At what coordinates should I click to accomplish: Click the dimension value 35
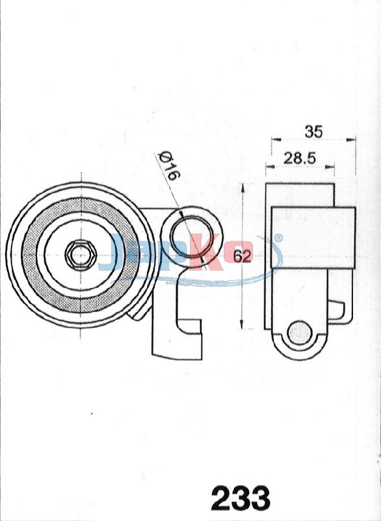click(313, 132)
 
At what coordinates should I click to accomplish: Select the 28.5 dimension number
click(300, 158)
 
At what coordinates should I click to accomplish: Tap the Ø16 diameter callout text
click(169, 166)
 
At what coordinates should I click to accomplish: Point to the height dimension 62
click(242, 256)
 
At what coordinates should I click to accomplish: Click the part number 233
click(241, 498)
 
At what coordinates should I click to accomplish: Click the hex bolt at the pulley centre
click(81, 255)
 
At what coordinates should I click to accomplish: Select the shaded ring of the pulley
click(81, 255)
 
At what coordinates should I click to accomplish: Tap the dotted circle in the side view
click(300, 332)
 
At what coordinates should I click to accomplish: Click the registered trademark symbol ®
click(278, 238)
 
